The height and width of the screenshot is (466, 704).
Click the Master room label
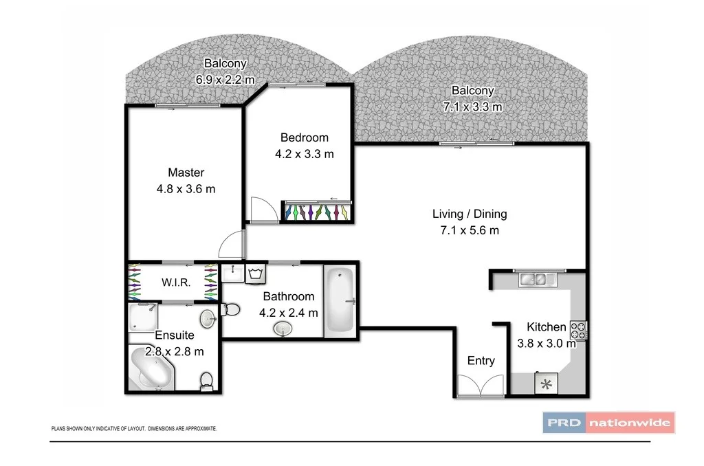186,173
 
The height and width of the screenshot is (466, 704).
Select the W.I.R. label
176,282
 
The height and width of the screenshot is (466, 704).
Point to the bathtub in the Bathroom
338,300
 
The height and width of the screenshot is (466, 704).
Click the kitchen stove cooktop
578,330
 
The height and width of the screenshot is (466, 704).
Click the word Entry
481,361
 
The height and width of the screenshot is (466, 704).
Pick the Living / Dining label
470,214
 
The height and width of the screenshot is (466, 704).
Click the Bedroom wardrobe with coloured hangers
317,211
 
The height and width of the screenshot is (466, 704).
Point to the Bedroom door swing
263,209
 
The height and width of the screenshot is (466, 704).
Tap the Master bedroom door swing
232,245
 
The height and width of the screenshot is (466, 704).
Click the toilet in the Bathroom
230,311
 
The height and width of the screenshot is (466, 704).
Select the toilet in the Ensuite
206,380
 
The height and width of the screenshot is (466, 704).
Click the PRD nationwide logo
609,422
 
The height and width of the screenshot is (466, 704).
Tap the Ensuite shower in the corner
143,317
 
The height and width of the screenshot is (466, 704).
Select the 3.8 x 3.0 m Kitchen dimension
546,344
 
